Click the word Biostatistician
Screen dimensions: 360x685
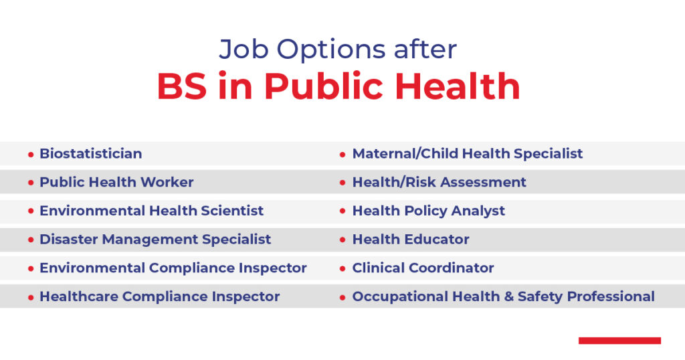click(x=90, y=153)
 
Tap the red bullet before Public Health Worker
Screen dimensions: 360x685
click(x=31, y=183)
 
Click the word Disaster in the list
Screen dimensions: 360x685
click(x=65, y=239)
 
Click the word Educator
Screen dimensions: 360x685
click(x=438, y=239)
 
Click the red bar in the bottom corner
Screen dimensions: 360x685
click(x=619, y=341)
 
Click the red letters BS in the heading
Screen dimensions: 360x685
click(x=183, y=86)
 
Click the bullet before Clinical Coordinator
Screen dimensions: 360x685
click(x=343, y=269)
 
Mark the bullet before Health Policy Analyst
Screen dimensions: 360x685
click(x=343, y=211)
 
